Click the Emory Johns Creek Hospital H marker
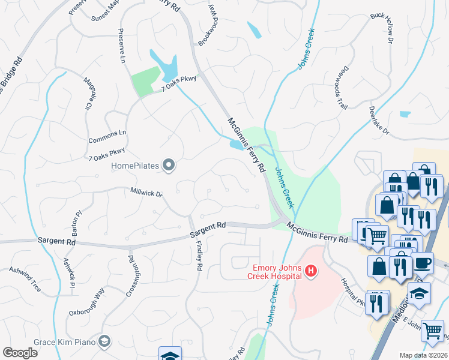[311, 272]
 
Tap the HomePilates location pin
[169, 165]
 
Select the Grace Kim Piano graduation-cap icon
[105, 341]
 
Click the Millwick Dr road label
[146, 193]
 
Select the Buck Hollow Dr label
[381, 27]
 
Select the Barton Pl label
[77, 223]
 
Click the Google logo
[20, 353]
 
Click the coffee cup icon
[423, 263]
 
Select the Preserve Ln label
[121, 45]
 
